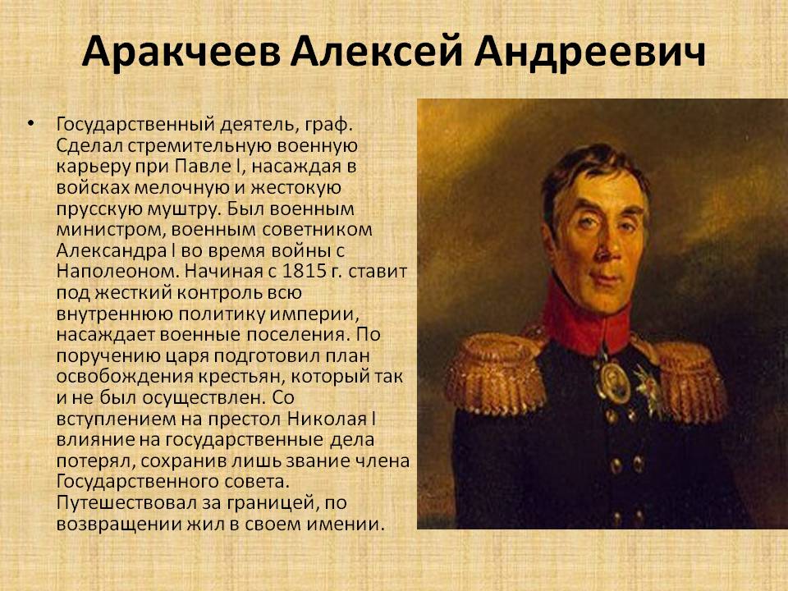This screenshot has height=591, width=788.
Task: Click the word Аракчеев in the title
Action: pyautogui.click(x=181, y=51)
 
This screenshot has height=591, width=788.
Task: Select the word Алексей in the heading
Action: pyautogui.click(x=376, y=51)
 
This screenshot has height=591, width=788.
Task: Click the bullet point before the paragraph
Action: pyautogui.click(x=32, y=123)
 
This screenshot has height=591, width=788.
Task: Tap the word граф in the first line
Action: pyautogui.click(x=326, y=125)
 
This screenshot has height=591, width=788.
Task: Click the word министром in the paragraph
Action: pyautogui.click(x=111, y=230)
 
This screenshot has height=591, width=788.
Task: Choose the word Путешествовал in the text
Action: pyautogui.click(x=126, y=503)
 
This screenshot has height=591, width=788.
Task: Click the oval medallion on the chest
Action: pyautogui.click(x=614, y=381)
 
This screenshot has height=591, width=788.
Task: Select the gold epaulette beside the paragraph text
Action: pyautogui.click(x=496, y=372)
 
